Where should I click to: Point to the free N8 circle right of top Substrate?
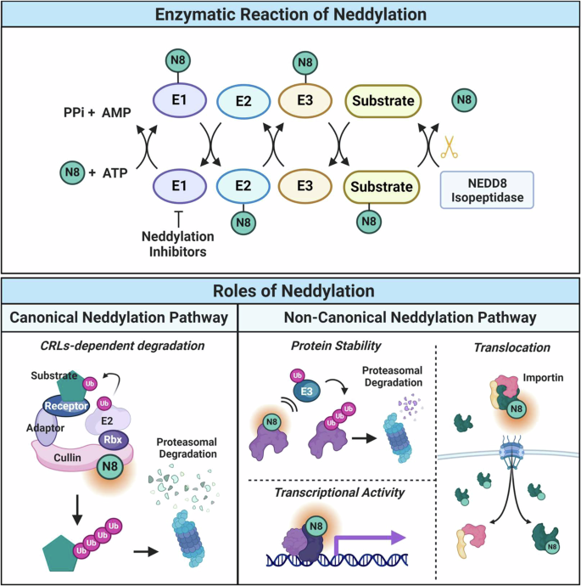(x=465, y=100)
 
